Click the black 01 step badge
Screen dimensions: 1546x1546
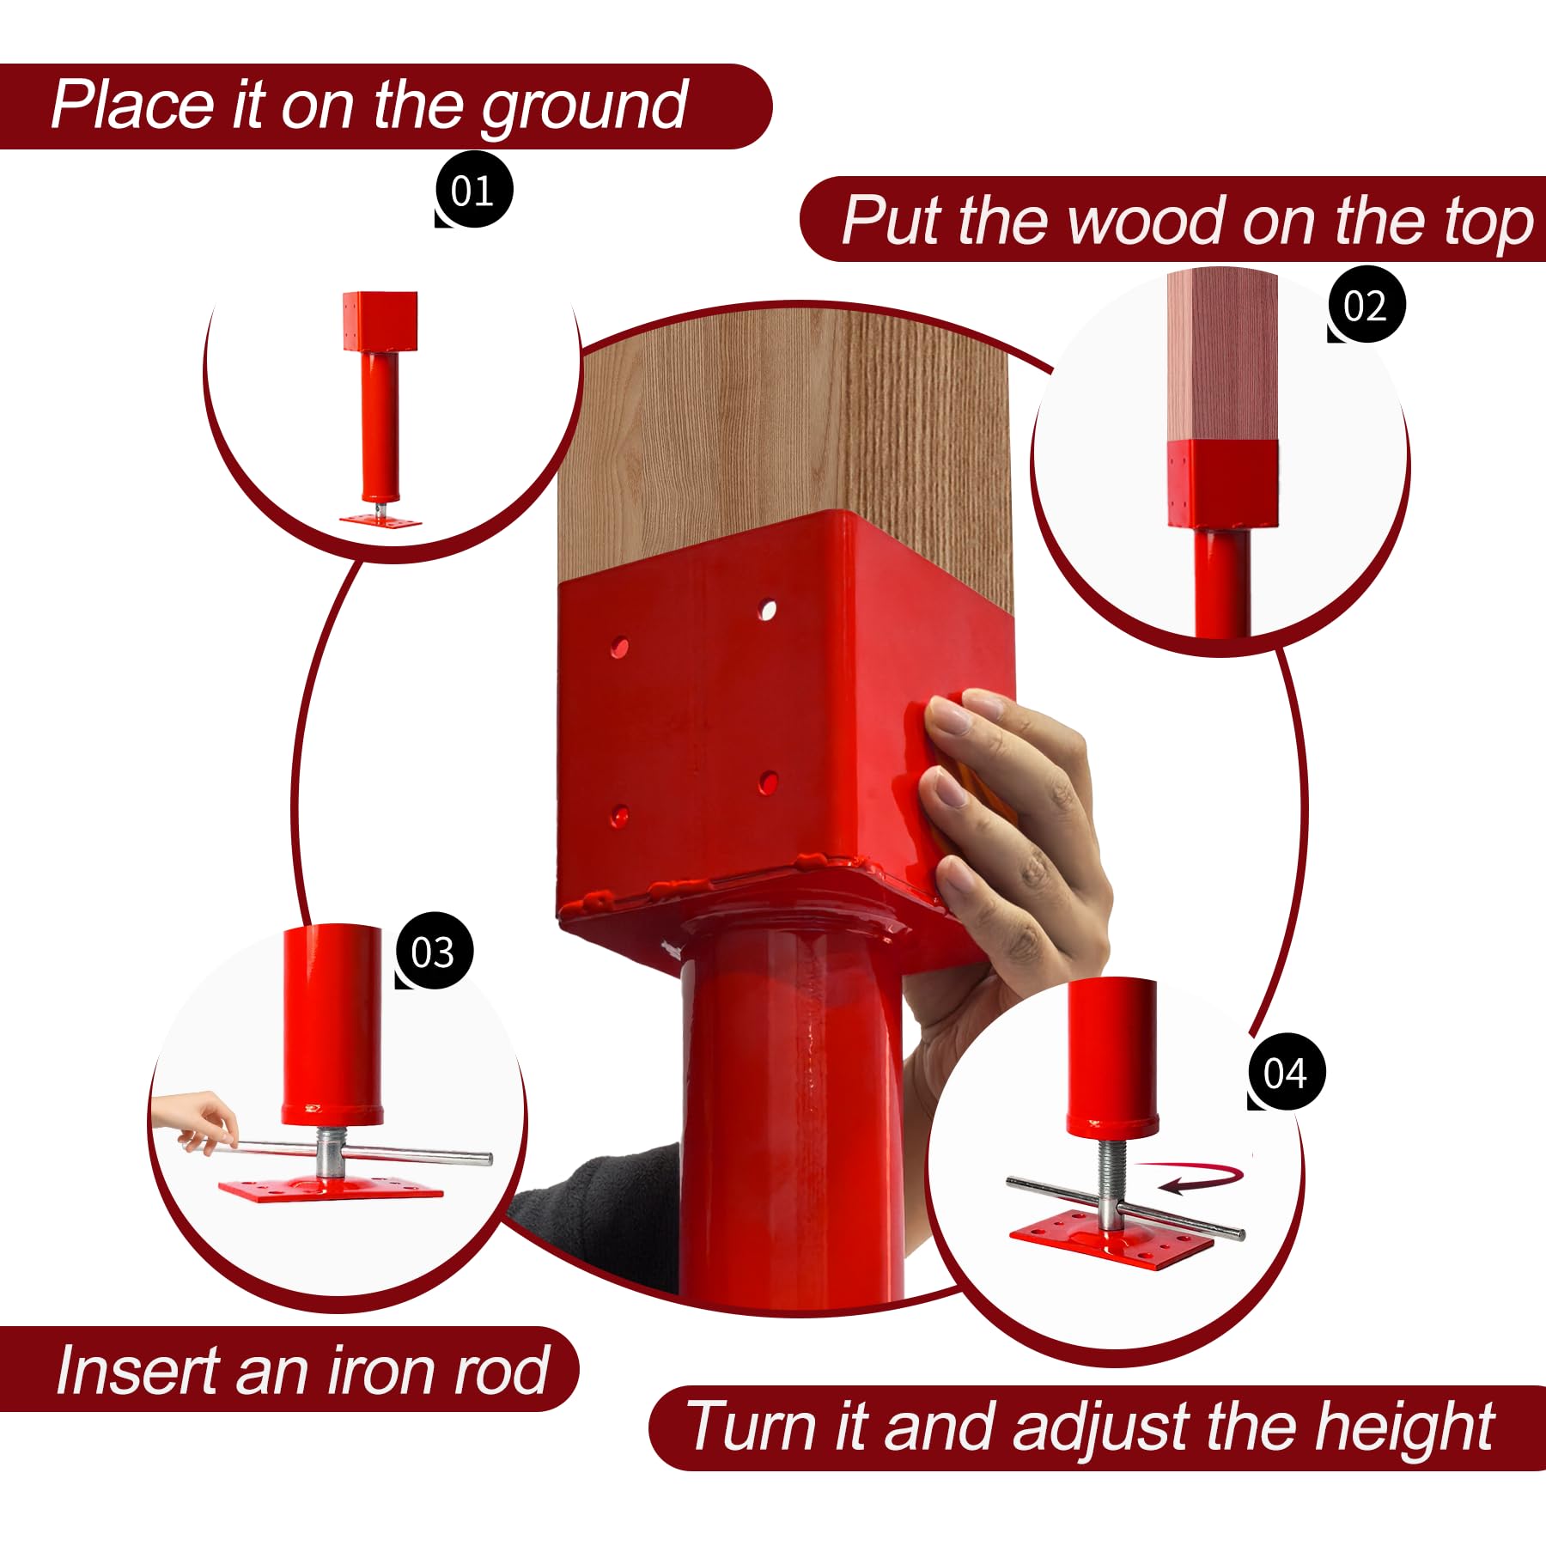click(473, 190)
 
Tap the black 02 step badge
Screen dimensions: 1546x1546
click(1366, 305)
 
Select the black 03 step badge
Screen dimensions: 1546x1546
click(434, 951)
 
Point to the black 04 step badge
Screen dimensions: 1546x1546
click(1286, 1072)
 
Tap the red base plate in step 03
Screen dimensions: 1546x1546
click(331, 1190)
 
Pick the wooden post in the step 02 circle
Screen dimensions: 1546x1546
click(1222, 356)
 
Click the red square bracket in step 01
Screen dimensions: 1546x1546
click(380, 321)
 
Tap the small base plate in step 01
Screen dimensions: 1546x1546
click(380, 520)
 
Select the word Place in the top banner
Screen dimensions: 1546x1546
click(134, 104)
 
